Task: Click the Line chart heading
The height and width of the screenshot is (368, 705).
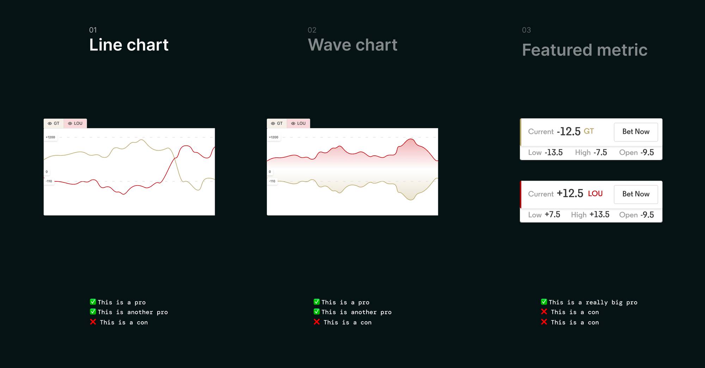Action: (x=129, y=45)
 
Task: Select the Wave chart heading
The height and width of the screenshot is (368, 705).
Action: (x=352, y=45)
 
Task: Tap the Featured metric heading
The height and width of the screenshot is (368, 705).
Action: (x=585, y=50)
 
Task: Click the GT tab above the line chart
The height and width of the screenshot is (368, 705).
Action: (x=54, y=123)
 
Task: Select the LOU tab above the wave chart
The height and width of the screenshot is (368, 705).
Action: (x=298, y=123)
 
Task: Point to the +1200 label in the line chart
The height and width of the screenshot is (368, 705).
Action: (x=50, y=137)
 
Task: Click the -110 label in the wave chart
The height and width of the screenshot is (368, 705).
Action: (x=272, y=181)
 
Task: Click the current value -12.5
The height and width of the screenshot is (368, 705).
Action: (x=569, y=132)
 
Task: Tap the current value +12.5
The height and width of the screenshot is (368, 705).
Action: (x=570, y=193)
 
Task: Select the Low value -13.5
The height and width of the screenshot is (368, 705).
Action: (x=554, y=152)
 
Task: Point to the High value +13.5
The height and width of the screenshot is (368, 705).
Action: (x=599, y=214)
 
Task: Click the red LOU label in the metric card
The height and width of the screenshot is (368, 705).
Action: (x=595, y=194)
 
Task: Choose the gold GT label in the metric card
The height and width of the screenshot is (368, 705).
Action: (x=589, y=131)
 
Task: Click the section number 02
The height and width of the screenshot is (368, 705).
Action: (x=312, y=30)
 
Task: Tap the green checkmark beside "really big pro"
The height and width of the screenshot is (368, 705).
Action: (x=544, y=302)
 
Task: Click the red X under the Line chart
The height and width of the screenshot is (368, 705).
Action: (x=93, y=322)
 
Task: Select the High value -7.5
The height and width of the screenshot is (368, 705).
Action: (x=600, y=152)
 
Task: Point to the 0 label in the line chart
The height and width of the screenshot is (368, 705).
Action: (x=47, y=172)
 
